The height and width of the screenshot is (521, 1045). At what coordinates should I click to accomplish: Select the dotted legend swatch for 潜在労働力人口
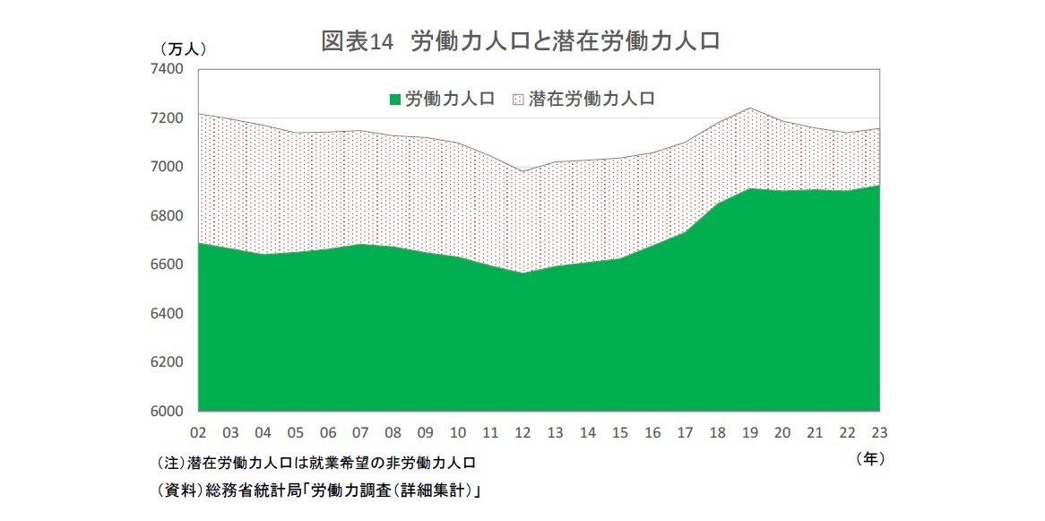click(518, 99)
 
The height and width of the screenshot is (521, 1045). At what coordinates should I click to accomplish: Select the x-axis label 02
click(197, 432)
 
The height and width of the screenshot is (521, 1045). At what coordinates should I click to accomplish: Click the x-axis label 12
click(522, 432)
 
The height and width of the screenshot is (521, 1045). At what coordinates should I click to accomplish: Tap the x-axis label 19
click(749, 432)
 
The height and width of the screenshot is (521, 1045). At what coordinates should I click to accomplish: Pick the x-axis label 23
click(879, 432)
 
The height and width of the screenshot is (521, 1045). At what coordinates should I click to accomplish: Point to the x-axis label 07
click(360, 432)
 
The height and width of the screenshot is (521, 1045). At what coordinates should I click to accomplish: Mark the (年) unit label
click(870, 458)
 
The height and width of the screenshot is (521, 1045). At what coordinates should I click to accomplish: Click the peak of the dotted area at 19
click(749, 109)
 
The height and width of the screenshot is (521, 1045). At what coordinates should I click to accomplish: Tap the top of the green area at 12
click(522, 274)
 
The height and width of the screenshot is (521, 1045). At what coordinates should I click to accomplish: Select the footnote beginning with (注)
click(315, 464)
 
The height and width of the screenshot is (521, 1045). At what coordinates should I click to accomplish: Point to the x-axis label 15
click(619, 432)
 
